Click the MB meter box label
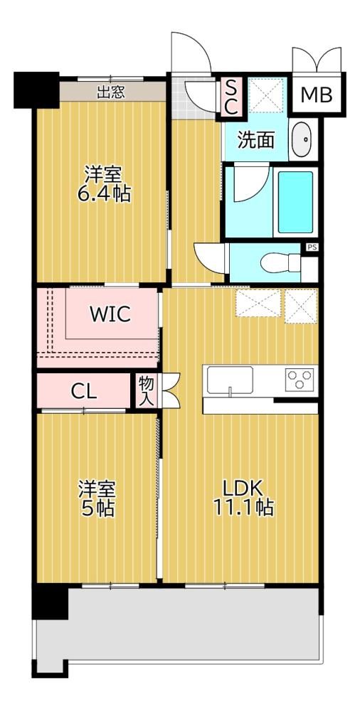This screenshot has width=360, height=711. pos(317,95)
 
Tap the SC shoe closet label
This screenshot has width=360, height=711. pos(231,97)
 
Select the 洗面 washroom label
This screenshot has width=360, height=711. pos(257,141)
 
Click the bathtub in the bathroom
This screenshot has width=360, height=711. pos(295,202)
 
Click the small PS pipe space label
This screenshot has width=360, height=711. pos(312,247)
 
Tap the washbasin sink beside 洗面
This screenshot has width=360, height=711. pos(302,139)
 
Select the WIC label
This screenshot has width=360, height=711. pos(110,314)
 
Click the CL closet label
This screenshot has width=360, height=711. pos(84,391)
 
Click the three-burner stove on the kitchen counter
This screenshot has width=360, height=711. pos(299,380)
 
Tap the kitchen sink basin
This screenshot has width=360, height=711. pos(231,380)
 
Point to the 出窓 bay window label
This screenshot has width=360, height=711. pos(111,92)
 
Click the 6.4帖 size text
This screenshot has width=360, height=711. pos(103,194)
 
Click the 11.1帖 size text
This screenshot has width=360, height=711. pos(243,508)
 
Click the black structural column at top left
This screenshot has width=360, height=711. pos(36,90)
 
